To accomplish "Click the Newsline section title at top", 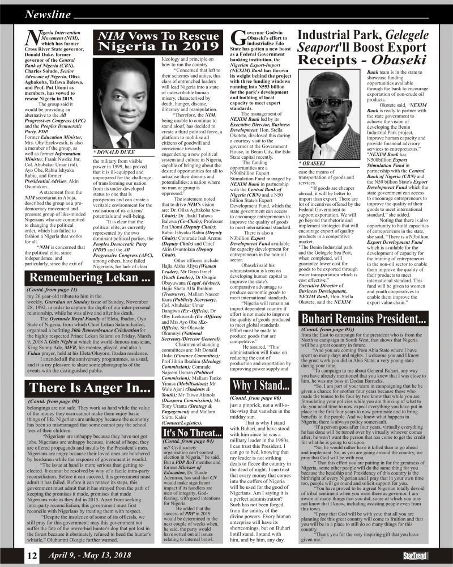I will tap(48, 14).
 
